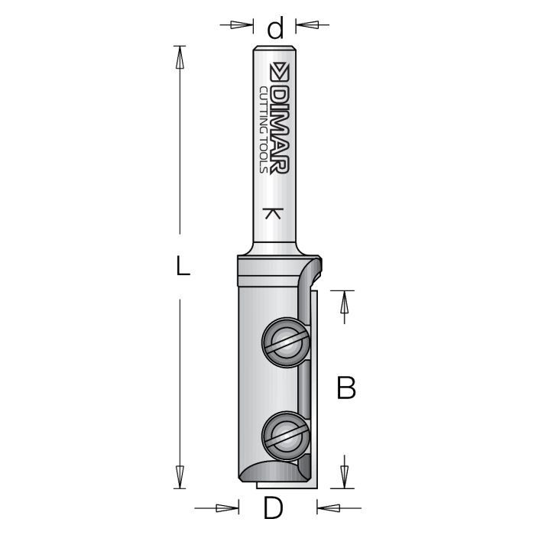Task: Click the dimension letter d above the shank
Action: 275,29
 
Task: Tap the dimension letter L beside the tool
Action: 181,266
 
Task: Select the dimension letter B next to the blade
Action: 346,388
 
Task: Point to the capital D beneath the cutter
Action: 274,507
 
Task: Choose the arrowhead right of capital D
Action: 327,507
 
